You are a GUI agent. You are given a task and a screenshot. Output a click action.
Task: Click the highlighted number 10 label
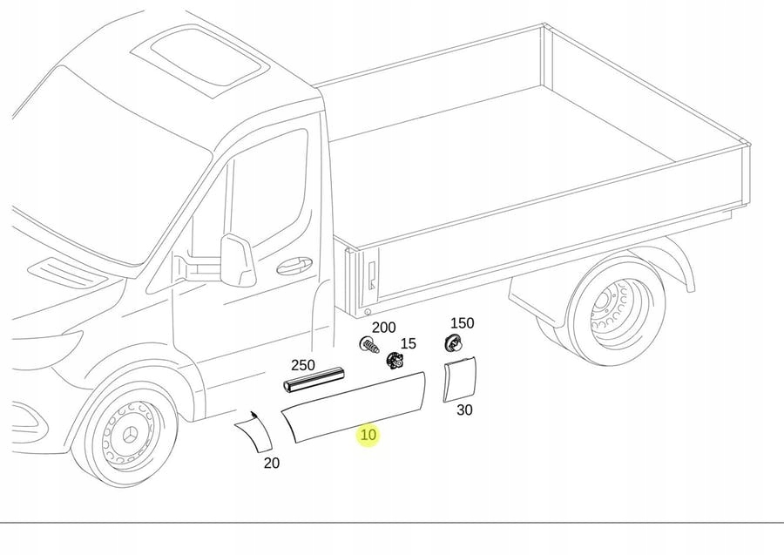(368, 435)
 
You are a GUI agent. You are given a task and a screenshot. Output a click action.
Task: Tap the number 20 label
(272, 464)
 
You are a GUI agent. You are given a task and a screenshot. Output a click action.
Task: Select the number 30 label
(464, 409)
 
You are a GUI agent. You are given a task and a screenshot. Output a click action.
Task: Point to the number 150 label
(462, 323)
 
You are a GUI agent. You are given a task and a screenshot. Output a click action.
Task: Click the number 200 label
(383, 328)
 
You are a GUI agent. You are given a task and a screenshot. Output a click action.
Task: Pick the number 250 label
(303, 365)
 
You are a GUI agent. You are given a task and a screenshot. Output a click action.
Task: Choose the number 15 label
(408, 344)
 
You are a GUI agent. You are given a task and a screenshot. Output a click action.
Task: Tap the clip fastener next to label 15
(396, 360)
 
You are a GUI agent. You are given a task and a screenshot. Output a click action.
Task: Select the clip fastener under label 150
(453, 342)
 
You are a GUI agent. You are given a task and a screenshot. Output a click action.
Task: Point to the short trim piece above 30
(459, 379)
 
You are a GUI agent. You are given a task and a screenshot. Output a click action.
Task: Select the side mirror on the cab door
(236, 261)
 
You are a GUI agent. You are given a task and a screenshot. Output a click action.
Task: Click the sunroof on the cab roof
(207, 58)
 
